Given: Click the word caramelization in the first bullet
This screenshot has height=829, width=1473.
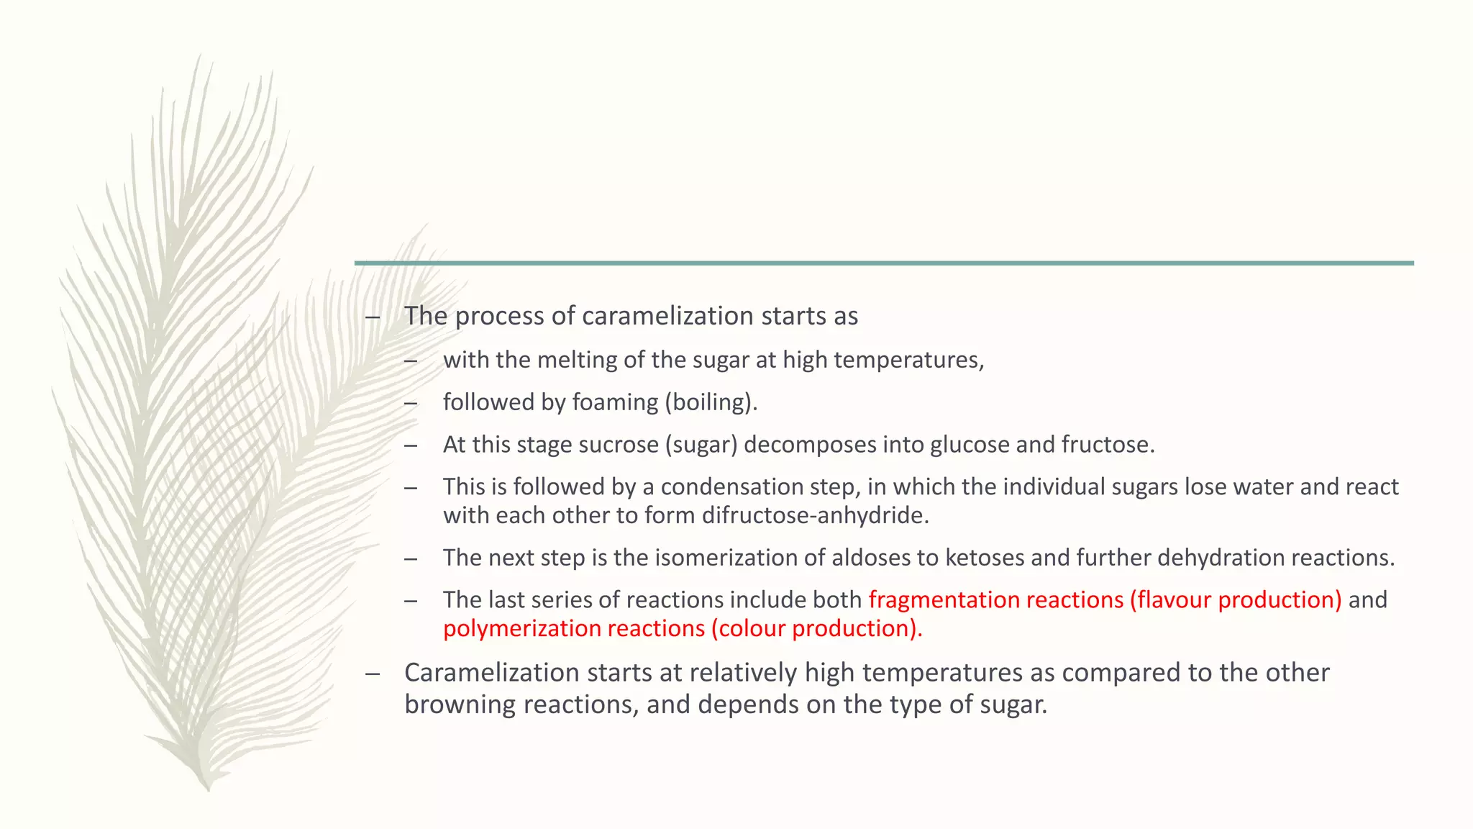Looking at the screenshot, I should click(x=667, y=316).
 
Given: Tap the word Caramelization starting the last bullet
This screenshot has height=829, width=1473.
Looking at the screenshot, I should click(x=491, y=673).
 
